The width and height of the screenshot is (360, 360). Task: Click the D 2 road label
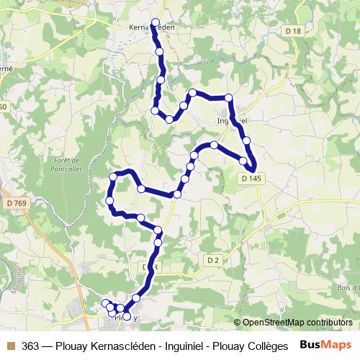point(212,259)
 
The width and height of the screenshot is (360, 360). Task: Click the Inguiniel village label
point(233,120)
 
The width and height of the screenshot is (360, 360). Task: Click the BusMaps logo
point(325,344)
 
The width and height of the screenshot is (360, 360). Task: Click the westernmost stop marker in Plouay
point(105,303)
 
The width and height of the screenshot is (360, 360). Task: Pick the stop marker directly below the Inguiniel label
point(247,140)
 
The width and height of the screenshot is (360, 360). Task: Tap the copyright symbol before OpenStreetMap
point(238,323)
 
